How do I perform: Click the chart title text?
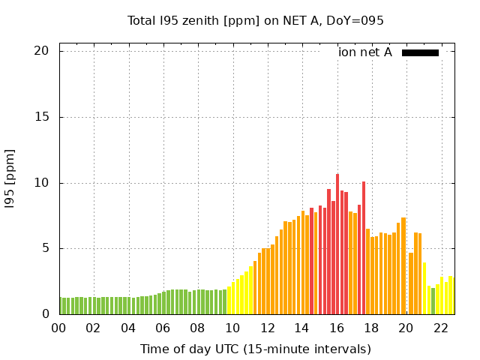point(255,21)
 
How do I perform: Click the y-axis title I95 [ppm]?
point(10,179)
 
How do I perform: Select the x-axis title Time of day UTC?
point(255,349)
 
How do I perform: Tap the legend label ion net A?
point(365,52)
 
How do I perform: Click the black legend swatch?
point(420,52)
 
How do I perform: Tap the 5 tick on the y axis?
point(45,248)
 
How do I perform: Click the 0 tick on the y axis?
point(45,314)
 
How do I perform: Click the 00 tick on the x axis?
point(59,328)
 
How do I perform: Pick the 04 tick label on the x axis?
point(128,328)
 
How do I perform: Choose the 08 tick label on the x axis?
point(198,328)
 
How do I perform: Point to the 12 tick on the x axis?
point(267,328)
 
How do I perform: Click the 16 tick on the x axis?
point(337,328)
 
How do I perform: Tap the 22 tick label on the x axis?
point(441,328)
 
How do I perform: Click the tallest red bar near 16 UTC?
point(337,244)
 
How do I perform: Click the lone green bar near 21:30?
point(433,301)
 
